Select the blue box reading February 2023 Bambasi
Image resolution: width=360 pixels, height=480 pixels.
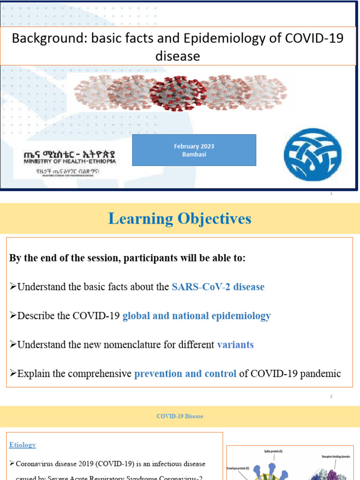tap(194, 150)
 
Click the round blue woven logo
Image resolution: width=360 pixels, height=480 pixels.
tap(312, 155)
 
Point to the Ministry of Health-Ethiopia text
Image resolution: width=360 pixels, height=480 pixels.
tap(70, 161)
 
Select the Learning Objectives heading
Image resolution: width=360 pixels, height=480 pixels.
tap(180, 218)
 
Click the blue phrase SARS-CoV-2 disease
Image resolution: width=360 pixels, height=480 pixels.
tap(218, 287)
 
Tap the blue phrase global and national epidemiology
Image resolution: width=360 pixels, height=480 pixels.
tap(196, 316)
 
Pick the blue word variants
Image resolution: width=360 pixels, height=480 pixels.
tap(235, 345)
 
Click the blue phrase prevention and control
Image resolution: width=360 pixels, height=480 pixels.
tap(185, 374)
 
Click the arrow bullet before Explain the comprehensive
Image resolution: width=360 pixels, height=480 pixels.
tap(13, 374)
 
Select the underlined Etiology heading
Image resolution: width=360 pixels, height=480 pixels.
tap(22, 444)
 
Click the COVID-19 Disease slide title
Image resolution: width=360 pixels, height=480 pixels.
tap(180, 416)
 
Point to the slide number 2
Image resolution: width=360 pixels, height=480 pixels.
tap(331, 397)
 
